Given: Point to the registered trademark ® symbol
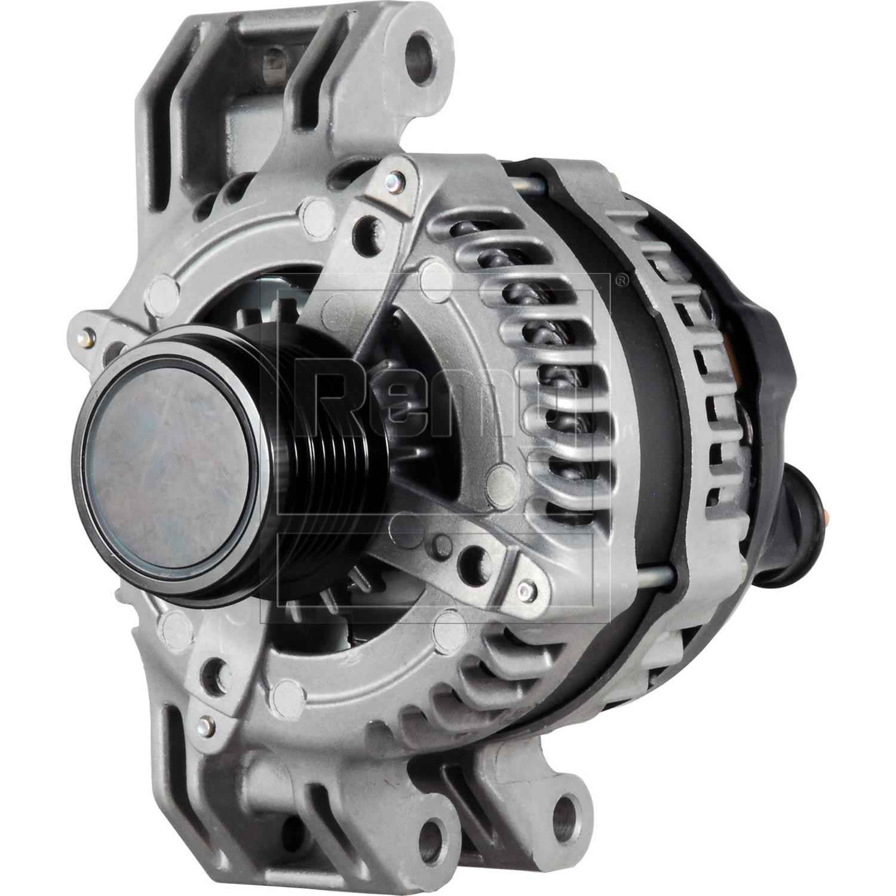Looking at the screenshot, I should [x=621, y=279].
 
